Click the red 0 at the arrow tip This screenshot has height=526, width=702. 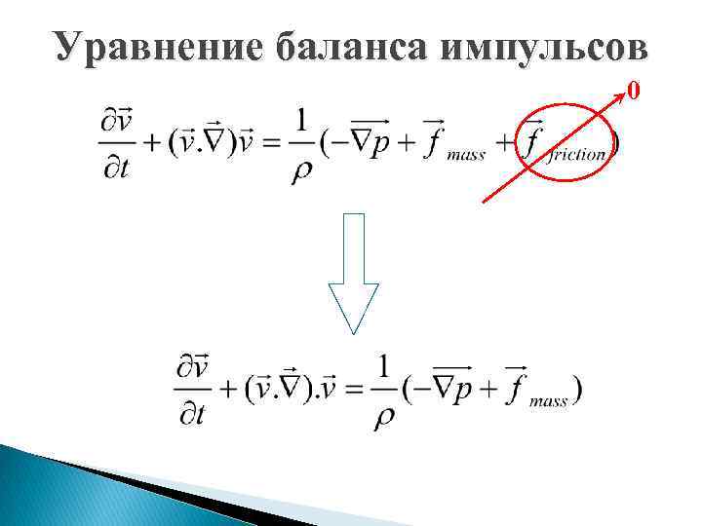[635, 93]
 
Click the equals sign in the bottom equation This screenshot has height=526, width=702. [350, 390]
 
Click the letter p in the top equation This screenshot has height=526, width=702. [381, 148]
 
